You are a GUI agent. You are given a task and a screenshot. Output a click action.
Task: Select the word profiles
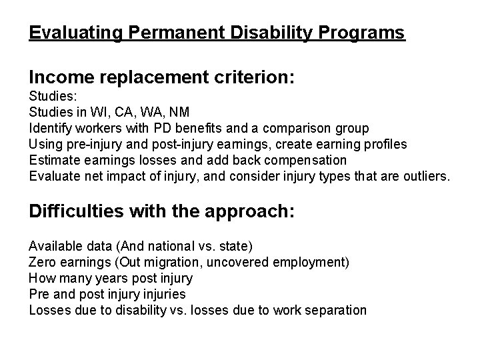coord(385,144)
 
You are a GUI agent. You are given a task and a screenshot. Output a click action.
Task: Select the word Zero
coord(42,262)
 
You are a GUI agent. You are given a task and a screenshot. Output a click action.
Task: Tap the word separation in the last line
coord(335,310)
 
